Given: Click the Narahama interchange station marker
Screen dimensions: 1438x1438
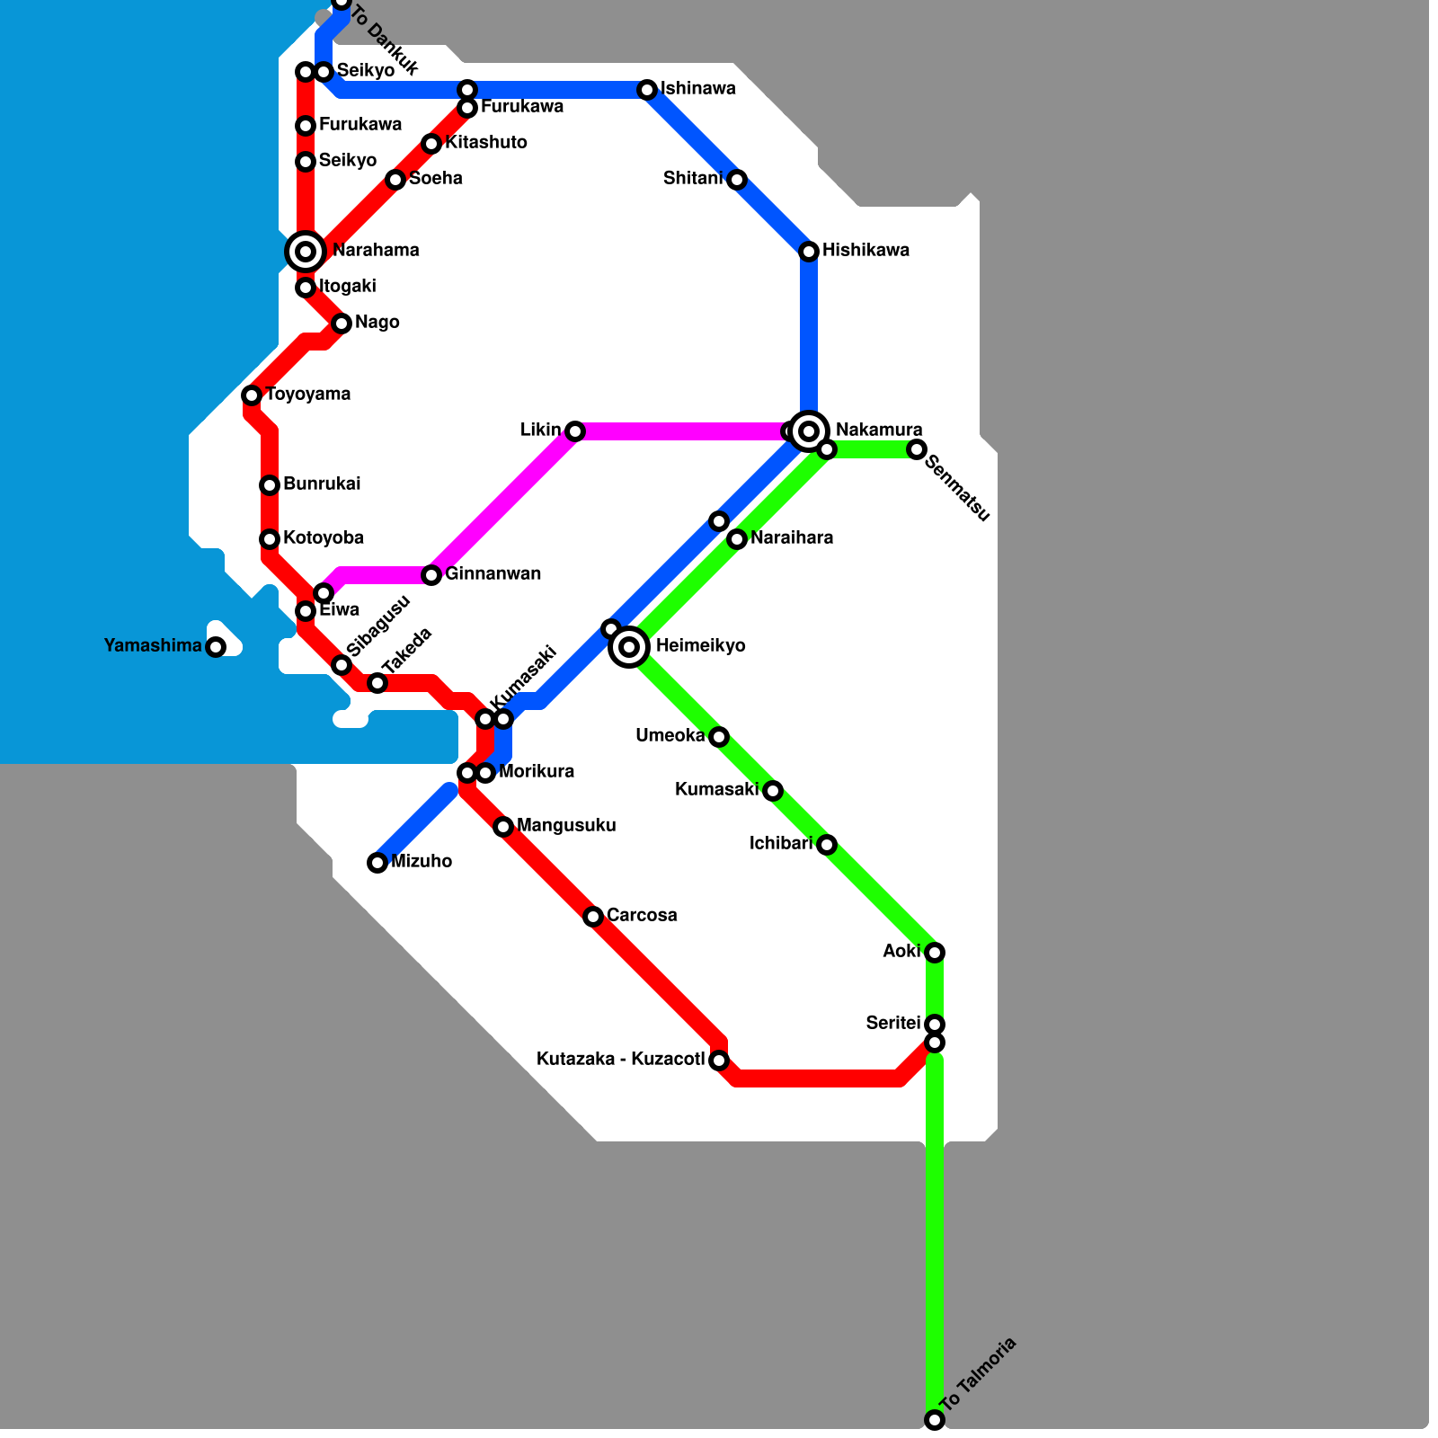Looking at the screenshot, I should [306, 252].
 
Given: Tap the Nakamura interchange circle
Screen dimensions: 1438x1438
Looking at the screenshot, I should [809, 431].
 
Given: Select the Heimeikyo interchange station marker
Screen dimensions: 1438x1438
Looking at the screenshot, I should [629, 646].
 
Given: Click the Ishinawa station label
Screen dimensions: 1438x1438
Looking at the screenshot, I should [698, 89].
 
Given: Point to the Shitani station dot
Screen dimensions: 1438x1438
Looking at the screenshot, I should [737, 180].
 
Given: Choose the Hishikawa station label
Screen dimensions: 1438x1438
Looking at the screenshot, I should [865, 251].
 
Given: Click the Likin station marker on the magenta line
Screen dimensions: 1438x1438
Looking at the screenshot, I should [575, 431].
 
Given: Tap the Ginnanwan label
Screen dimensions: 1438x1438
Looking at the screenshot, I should [493, 574].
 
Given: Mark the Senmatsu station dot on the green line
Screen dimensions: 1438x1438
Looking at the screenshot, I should [917, 449].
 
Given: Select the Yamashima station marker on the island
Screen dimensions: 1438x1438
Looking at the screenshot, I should [216, 647].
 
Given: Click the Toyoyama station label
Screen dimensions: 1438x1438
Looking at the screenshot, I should [307, 395].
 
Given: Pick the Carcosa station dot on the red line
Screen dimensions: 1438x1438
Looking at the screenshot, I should [593, 917].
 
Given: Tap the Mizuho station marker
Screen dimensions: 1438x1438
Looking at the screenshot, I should [377, 863].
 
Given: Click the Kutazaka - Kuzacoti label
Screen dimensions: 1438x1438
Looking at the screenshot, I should [620, 1060].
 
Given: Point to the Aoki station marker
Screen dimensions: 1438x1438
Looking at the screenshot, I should [935, 953].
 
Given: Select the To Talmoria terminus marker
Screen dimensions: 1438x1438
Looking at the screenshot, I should [935, 1420].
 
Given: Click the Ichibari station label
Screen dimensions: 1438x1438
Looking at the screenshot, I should [780, 844].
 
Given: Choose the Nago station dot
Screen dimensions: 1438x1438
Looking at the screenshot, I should [342, 324].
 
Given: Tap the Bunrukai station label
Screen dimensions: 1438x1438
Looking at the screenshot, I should [322, 484].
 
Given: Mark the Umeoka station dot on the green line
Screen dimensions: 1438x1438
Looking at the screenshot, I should [719, 737].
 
